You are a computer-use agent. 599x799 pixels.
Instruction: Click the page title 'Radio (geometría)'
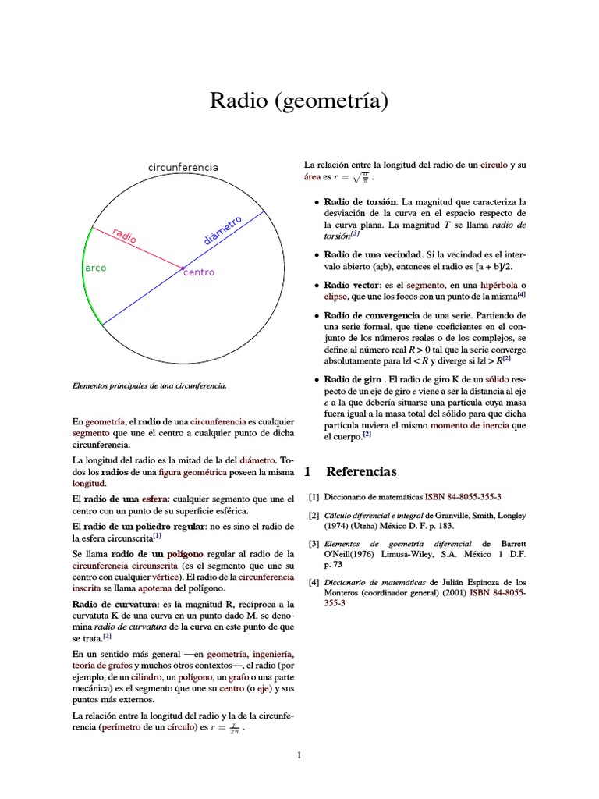299,101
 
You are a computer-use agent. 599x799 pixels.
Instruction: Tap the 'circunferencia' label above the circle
183,168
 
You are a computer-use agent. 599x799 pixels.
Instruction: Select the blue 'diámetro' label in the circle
222,230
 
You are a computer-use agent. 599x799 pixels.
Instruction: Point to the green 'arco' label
95,268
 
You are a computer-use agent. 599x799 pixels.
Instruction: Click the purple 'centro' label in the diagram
199,272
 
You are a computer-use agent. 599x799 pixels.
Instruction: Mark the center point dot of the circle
183,268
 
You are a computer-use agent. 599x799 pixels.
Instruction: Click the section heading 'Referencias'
361,471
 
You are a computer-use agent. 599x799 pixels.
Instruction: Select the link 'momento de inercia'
456,426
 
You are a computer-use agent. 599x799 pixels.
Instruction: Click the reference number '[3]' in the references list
314,543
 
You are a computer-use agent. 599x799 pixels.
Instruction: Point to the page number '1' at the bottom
298,755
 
